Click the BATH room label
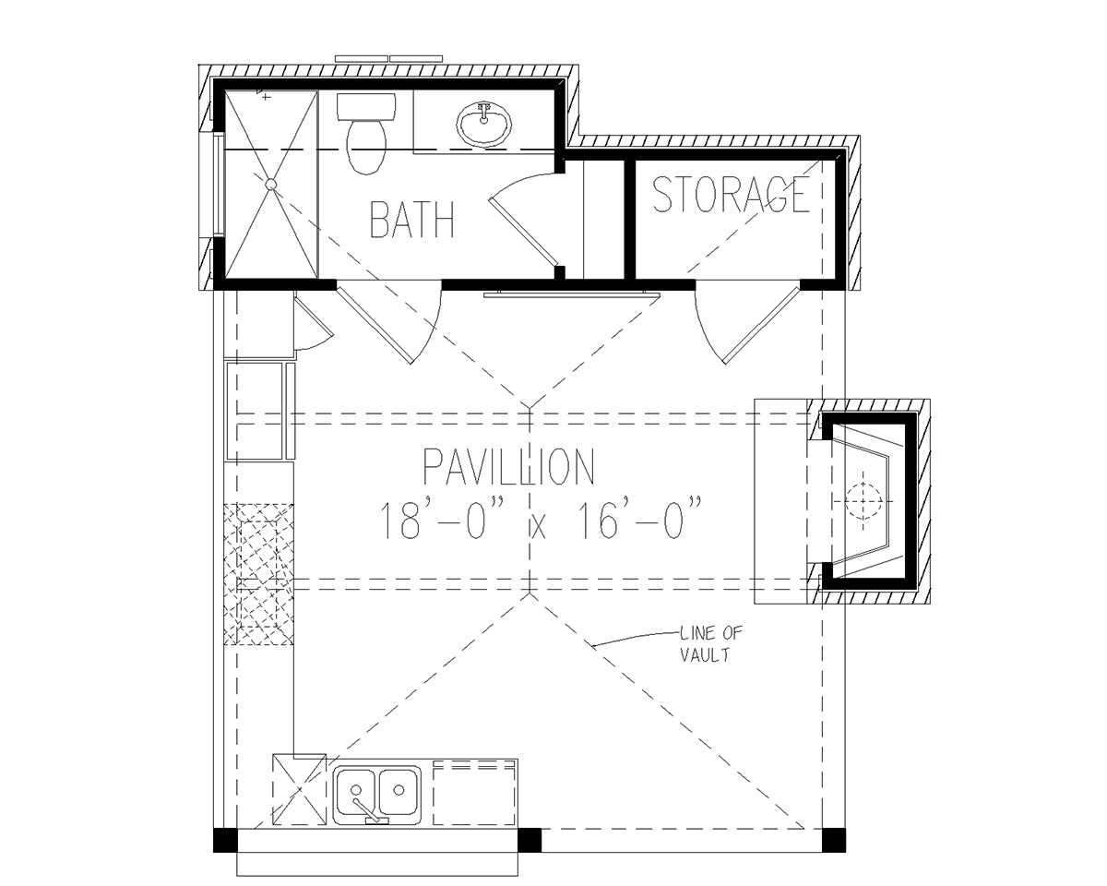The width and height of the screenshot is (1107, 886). tap(412, 220)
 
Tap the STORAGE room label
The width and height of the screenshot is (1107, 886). tap(731, 194)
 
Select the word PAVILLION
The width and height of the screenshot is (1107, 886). tap(508, 467)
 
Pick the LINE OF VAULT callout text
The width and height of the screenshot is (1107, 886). tap(711, 643)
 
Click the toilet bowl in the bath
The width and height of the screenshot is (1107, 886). tap(367, 147)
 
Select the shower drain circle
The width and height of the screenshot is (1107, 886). tap(271, 185)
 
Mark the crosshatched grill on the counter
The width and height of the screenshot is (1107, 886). tap(258, 574)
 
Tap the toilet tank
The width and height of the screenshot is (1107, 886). tap(366, 107)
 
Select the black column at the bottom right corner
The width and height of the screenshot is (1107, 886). tap(834, 840)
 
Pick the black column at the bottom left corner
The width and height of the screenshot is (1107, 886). tap(225, 840)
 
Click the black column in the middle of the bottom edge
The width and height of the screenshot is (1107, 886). tap(530, 840)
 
